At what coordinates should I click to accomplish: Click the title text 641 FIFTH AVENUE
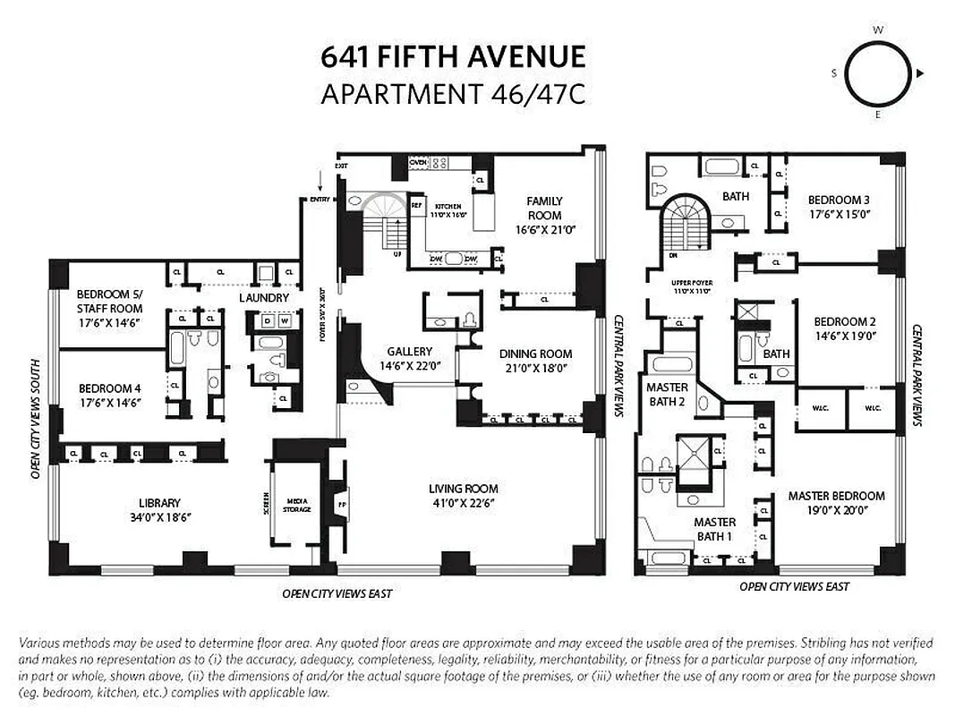[453, 57]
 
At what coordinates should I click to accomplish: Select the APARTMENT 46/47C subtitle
[453, 93]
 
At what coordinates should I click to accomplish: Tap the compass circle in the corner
[877, 73]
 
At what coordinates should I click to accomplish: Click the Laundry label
[264, 298]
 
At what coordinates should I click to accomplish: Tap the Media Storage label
[297, 505]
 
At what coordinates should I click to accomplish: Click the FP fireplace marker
[341, 504]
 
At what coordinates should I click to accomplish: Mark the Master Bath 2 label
[667, 394]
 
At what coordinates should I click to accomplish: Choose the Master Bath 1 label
[714, 529]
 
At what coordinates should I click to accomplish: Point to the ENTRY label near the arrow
[320, 199]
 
